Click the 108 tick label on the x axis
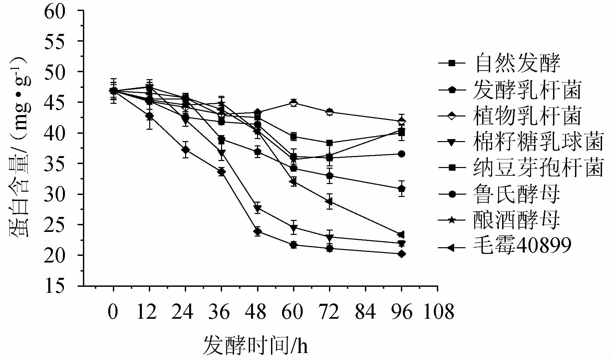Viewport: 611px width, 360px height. [x=438, y=312]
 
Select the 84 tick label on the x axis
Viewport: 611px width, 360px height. [x=365, y=312]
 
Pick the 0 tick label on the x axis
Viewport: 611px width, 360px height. [x=113, y=312]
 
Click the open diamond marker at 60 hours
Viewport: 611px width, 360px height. [x=293, y=103]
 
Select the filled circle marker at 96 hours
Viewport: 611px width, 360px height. [x=402, y=154]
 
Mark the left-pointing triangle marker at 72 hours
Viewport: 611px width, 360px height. [x=329, y=202]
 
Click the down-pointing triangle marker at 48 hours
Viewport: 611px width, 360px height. [x=257, y=209]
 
